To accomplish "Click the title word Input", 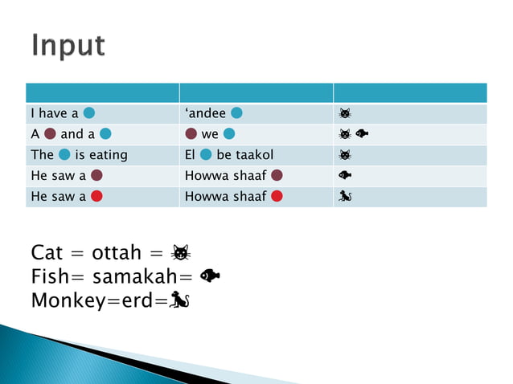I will click(68, 46).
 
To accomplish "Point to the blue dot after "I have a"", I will click(91, 113).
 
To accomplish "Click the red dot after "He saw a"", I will click(96, 196).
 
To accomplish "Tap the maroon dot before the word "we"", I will click(191, 134).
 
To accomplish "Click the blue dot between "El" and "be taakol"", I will click(207, 154).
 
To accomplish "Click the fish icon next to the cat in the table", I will click(362, 134).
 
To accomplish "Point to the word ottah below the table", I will click(121, 253).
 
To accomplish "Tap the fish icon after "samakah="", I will click(211, 276).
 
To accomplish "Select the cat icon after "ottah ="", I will click(181, 253).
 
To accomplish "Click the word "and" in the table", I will click(72, 134).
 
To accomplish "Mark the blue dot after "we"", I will click(229, 134).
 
